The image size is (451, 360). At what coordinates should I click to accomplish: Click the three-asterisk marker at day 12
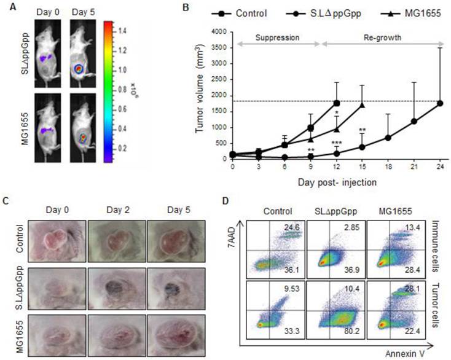click(336, 143)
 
